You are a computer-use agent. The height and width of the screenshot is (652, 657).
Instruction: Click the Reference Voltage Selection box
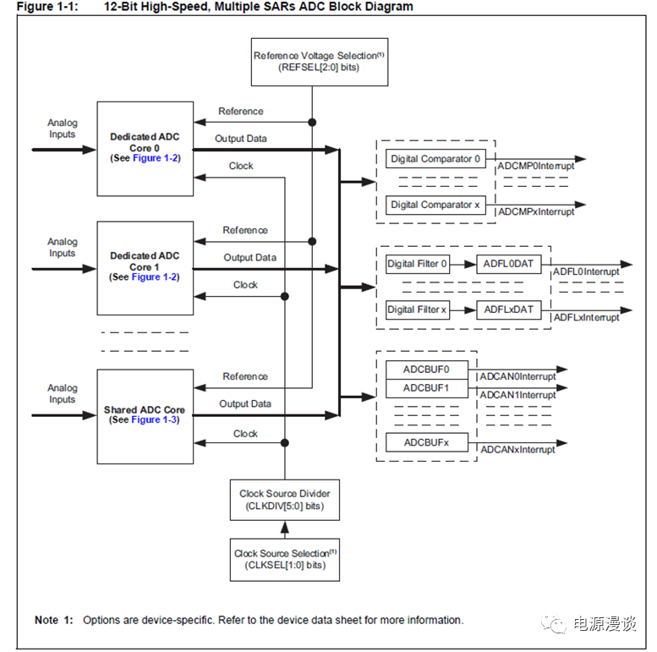click(x=320, y=61)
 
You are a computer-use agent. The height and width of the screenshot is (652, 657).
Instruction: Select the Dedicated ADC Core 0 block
click(x=145, y=147)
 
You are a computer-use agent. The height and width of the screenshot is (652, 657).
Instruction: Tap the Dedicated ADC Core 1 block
click(x=145, y=266)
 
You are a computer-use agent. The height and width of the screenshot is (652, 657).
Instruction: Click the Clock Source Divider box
click(x=285, y=500)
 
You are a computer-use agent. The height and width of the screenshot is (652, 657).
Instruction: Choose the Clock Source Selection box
click(x=285, y=559)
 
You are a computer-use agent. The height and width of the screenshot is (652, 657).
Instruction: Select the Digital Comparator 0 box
click(x=435, y=159)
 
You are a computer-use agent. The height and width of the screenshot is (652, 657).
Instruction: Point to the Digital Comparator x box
click(x=435, y=205)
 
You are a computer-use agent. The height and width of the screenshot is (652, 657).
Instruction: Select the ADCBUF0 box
click(x=426, y=370)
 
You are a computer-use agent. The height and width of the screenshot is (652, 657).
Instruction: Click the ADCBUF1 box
click(x=426, y=388)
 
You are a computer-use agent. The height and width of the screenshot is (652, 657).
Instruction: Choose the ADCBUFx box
click(x=426, y=442)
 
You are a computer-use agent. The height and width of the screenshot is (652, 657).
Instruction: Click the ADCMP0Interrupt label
click(x=536, y=167)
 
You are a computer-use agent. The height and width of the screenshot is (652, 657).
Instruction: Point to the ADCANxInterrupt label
click(x=517, y=450)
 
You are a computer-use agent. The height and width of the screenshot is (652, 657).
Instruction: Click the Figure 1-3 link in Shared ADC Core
click(x=155, y=420)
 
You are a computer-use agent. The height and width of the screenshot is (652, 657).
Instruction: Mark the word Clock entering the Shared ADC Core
click(x=245, y=434)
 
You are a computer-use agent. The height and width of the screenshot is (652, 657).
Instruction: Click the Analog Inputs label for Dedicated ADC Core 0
click(x=62, y=129)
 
